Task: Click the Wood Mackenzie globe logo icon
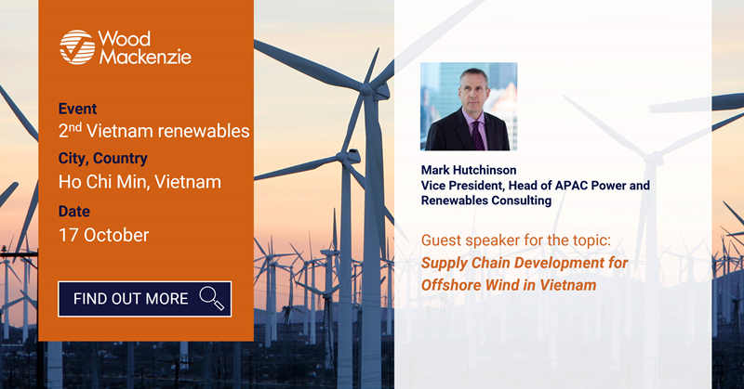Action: click(x=77, y=47)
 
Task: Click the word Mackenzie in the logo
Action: click(x=145, y=57)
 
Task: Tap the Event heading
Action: click(x=77, y=109)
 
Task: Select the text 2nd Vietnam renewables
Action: click(x=153, y=130)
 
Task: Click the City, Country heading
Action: click(x=102, y=158)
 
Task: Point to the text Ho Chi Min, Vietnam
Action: click(x=139, y=181)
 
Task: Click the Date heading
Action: click(x=74, y=211)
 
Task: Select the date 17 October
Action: click(x=103, y=235)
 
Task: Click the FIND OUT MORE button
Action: click(x=145, y=299)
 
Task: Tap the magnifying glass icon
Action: click(x=212, y=298)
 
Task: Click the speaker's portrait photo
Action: click(x=469, y=107)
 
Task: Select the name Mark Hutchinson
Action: click(x=469, y=170)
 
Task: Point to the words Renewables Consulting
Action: click(x=485, y=200)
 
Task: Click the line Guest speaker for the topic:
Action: click(x=516, y=240)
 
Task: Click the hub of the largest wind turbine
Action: click(x=366, y=89)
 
